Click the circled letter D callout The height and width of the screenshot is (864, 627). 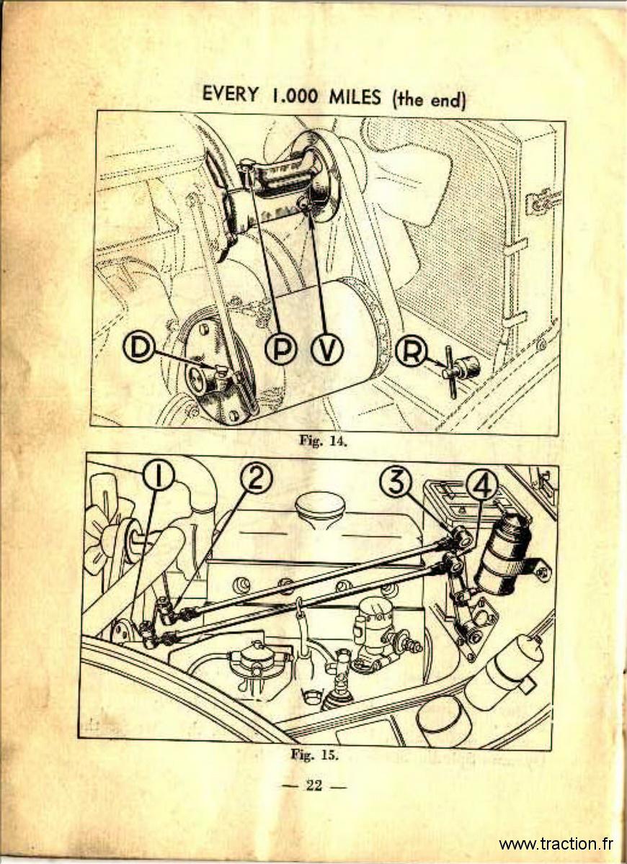click(138, 348)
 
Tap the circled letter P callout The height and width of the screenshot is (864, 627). click(281, 349)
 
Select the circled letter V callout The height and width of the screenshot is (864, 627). click(327, 349)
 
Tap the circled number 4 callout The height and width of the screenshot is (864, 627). click(483, 488)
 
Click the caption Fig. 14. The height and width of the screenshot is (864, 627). click(324, 441)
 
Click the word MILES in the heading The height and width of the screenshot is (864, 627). click(354, 96)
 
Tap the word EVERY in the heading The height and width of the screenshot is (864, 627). click(230, 95)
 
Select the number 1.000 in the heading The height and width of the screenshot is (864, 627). click(293, 96)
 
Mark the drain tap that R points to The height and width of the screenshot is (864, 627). click(461, 369)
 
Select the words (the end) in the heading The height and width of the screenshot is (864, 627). click(428, 99)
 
